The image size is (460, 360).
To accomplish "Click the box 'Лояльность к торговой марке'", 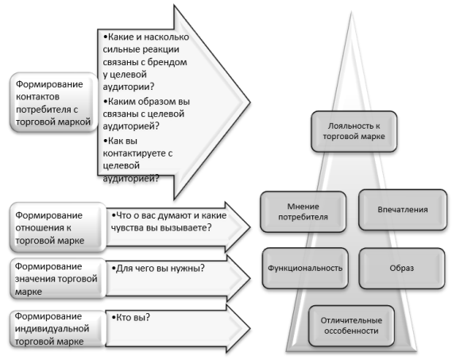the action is click(x=354, y=131).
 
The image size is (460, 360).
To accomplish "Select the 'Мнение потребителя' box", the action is click(x=303, y=212).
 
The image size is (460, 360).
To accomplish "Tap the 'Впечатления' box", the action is click(x=403, y=210).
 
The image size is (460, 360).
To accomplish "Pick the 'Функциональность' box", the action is click(x=305, y=268).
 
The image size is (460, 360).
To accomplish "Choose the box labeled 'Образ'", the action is click(x=402, y=268).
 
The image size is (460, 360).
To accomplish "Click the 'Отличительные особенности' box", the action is click(x=351, y=326).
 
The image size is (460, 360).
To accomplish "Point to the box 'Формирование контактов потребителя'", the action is click(x=53, y=103).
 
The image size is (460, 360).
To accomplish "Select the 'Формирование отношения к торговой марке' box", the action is click(x=58, y=227).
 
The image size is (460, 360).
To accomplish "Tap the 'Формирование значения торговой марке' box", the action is click(x=58, y=279).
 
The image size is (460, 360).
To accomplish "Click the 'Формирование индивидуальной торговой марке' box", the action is click(x=58, y=328).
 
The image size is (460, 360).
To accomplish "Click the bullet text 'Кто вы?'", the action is click(x=131, y=317).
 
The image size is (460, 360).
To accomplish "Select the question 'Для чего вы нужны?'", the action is click(x=158, y=268).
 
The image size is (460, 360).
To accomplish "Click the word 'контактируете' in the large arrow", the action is click(x=134, y=153).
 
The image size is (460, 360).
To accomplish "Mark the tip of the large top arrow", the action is click(x=250, y=103).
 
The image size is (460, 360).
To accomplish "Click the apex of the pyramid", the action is click(x=351, y=13).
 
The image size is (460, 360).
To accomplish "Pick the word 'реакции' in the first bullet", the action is click(x=162, y=49).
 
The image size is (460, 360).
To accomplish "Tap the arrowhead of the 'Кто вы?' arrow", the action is click(x=238, y=328).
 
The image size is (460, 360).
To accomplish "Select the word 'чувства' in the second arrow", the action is click(x=127, y=227).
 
